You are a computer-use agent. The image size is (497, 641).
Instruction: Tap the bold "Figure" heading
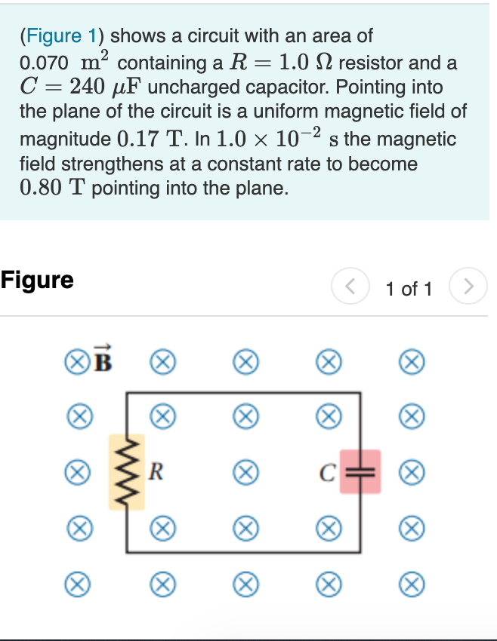point(37,281)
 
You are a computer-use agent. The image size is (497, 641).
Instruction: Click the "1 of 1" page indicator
point(409,288)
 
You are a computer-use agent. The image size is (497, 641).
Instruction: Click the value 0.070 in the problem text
point(45,63)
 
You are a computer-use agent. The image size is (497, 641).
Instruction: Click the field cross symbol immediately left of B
point(74,362)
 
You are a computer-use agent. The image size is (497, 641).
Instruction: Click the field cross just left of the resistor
point(74,471)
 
